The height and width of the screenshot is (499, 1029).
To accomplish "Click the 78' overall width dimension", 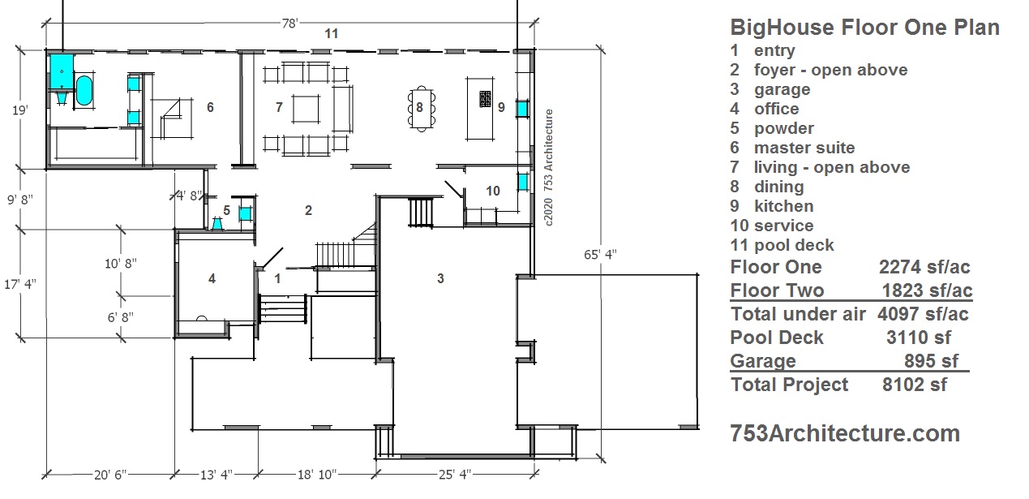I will pos(289,24).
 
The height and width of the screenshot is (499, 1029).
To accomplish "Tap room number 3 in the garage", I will pos(440,279).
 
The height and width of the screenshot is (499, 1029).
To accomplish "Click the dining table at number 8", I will pos(419,107).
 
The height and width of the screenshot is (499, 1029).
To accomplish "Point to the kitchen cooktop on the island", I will pos(486,100).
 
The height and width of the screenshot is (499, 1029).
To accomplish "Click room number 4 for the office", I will pos(212,279).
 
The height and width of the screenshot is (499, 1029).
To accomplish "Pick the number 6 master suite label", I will pos(210,107).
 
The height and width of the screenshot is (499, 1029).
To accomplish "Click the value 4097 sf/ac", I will pos(923,314).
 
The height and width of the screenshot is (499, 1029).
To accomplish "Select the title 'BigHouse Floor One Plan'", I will pos(864,28).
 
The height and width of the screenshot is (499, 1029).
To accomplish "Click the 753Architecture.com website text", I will pos(845,434).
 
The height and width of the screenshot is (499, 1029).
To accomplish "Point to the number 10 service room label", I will pos(493,191).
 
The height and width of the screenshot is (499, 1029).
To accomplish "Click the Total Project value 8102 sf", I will pos(914,385).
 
